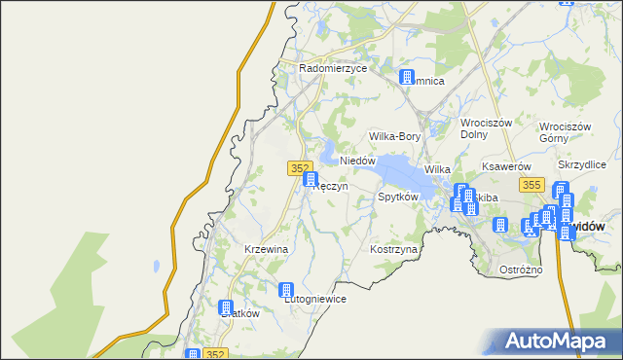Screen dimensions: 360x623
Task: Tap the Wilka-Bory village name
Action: pyautogui.click(x=394, y=137)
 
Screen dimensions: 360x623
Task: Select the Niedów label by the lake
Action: pyautogui.click(x=357, y=161)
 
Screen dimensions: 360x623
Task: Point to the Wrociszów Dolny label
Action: pyautogui.click(x=488, y=130)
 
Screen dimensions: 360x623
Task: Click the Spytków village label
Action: pyautogui.click(x=398, y=197)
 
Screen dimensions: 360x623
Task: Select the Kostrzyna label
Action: pyautogui.click(x=394, y=250)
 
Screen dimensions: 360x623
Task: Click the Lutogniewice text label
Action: pyautogui.click(x=314, y=299)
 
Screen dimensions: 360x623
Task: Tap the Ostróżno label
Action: pyautogui.click(x=520, y=269)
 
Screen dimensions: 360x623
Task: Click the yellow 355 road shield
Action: pyautogui.click(x=531, y=184)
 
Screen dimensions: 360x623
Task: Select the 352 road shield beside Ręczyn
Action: pyautogui.click(x=300, y=168)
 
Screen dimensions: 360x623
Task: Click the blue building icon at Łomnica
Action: pyautogui.click(x=407, y=78)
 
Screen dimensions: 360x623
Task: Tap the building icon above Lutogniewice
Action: pyautogui.click(x=286, y=289)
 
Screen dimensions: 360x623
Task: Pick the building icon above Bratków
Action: pyautogui.click(x=228, y=307)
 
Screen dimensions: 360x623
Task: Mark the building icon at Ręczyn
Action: pyautogui.click(x=311, y=179)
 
